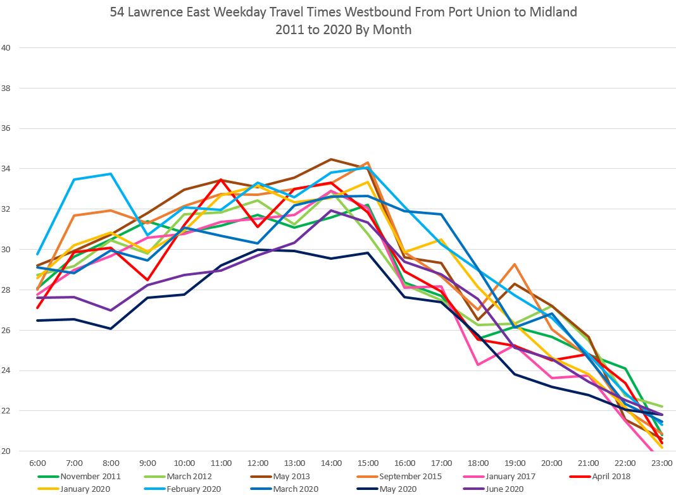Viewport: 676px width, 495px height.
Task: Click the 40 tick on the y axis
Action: point(6,47)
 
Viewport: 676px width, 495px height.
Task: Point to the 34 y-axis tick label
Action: point(6,169)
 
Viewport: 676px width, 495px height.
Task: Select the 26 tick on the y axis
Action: point(6,330)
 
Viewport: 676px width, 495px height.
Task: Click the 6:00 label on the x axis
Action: point(38,463)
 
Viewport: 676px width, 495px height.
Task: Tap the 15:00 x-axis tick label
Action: point(368,463)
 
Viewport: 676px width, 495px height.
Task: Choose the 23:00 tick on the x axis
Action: point(662,463)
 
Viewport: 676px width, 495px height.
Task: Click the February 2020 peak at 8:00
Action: point(111,174)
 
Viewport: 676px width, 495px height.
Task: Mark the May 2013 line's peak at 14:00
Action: point(331,159)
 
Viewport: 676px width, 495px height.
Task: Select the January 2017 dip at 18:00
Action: point(478,365)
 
